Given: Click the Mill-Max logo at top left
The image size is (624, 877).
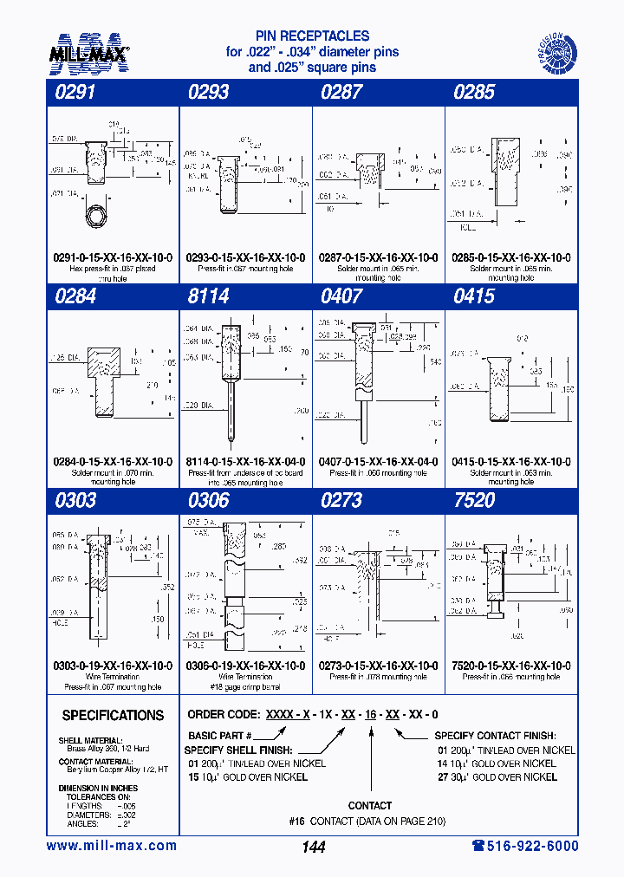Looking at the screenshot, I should (88, 53).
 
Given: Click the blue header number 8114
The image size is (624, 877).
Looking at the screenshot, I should (209, 296).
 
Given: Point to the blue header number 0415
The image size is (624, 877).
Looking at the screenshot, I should (474, 296).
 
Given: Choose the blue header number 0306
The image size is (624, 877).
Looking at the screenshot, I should (209, 501).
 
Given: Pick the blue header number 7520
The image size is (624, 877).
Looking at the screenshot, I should (474, 501).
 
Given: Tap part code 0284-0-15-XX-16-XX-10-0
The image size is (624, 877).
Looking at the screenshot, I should (114, 462).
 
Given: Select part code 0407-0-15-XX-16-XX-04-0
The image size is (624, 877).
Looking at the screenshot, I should (379, 462).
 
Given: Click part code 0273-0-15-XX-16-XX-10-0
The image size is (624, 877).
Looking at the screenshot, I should (379, 666).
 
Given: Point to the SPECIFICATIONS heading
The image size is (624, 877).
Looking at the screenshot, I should (113, 716).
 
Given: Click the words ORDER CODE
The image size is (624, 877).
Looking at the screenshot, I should (222, 715).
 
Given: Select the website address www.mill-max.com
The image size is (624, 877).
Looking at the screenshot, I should (111, 846).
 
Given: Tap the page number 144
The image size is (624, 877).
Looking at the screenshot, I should (313, 847).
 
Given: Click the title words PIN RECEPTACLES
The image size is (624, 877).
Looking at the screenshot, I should (312, 36).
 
